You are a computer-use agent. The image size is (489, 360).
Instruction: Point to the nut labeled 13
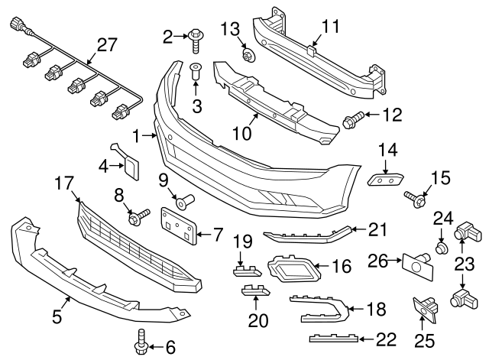(248, 54)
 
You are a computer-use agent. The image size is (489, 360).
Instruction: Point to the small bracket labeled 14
(385, 179)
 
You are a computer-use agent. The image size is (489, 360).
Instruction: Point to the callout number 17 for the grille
(64, 183)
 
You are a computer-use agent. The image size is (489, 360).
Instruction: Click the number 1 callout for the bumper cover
(138, 136)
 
